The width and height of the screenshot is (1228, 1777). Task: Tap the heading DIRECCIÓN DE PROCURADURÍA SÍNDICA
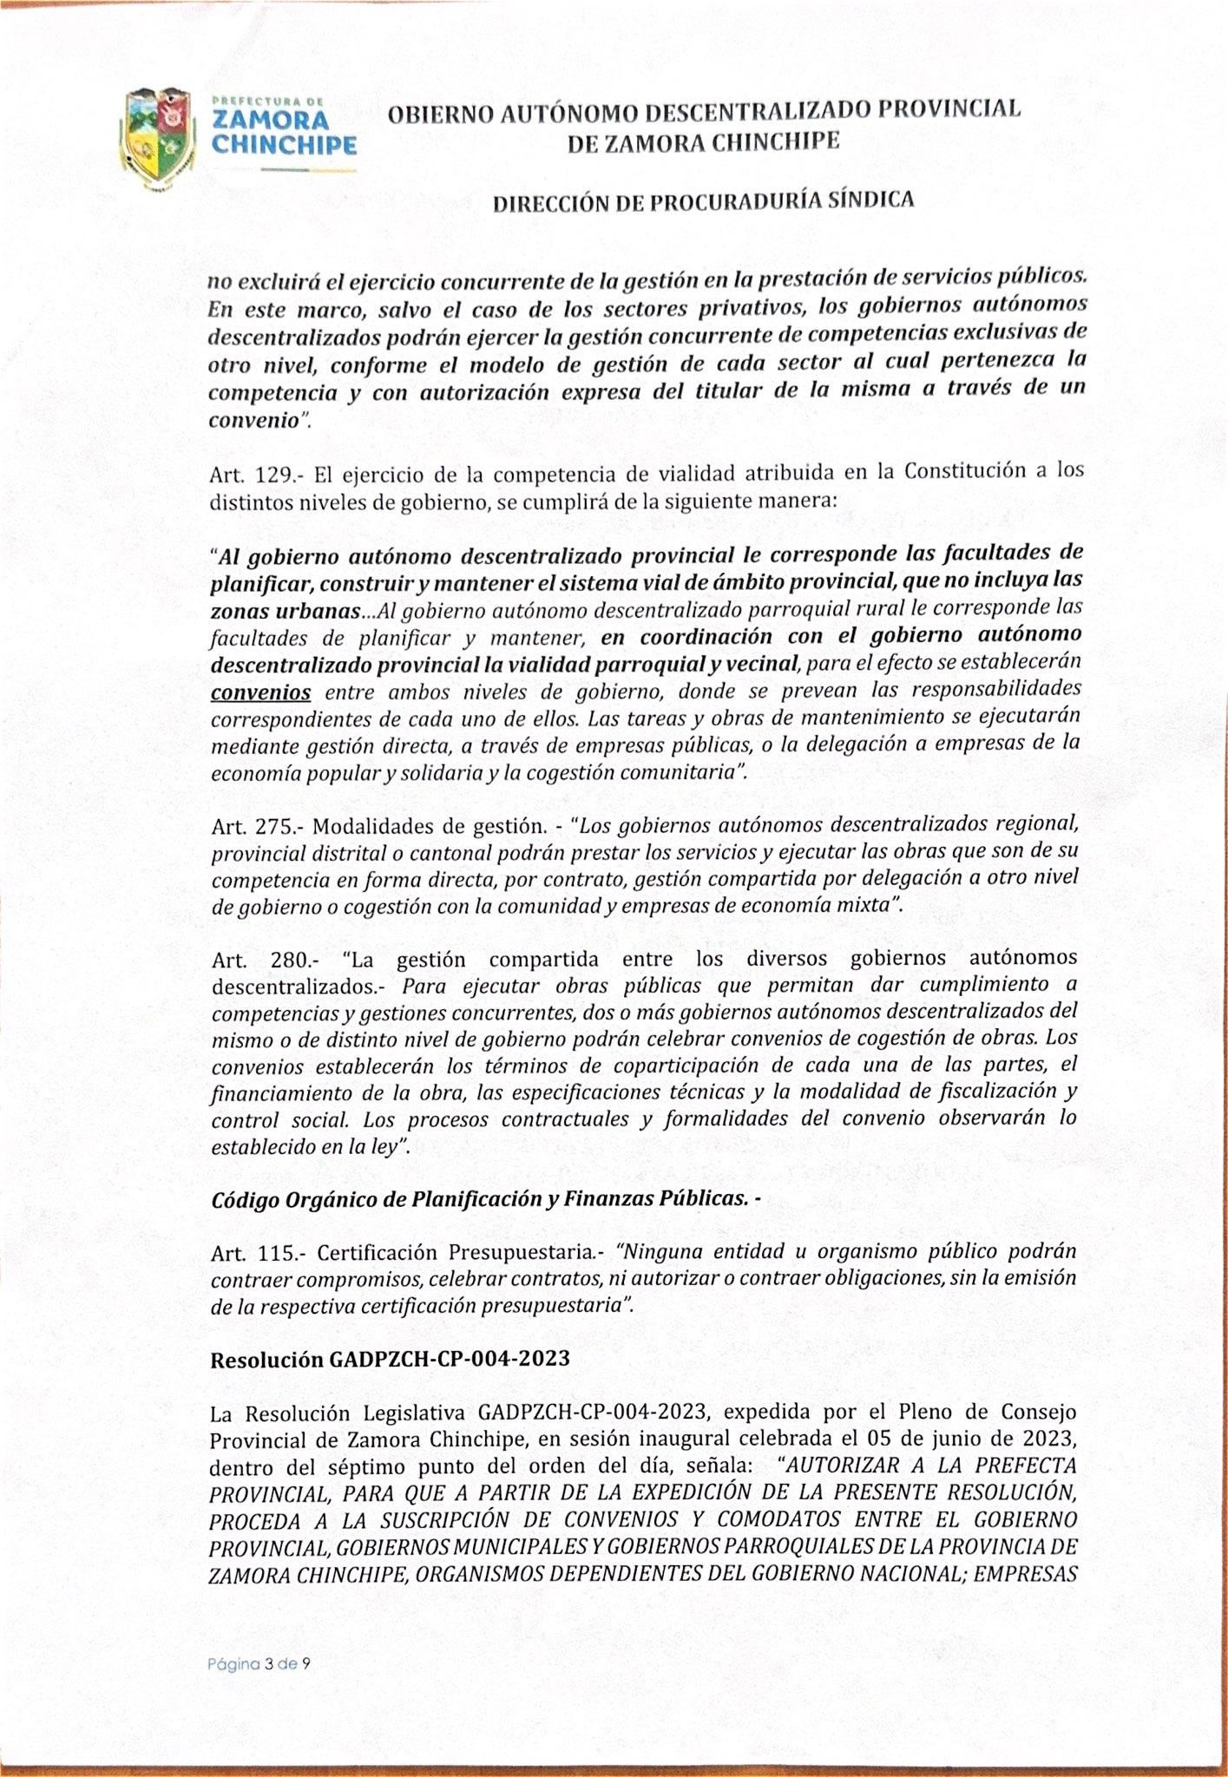click(703, 201)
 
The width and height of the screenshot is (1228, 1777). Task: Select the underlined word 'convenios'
click(260, 692)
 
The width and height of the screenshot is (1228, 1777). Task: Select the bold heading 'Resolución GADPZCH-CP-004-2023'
click(390, 1359)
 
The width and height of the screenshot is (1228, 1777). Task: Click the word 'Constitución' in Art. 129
click(962, 473)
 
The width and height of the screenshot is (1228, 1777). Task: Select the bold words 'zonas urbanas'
click(285, 612)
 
